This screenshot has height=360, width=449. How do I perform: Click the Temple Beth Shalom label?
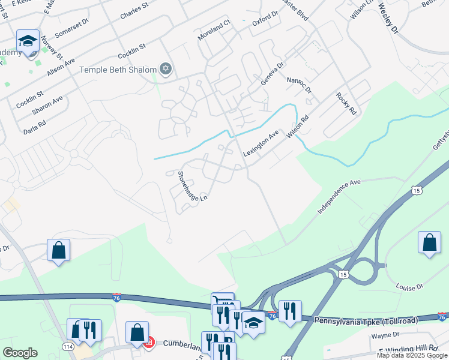[x=118, y=70]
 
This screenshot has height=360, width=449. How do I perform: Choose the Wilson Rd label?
[x=297, y=128]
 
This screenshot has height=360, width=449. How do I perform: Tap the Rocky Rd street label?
[x=346, y=103]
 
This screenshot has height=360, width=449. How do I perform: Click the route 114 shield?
[x=68, y=347]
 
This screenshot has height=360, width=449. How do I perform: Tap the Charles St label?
[x=134, y=13]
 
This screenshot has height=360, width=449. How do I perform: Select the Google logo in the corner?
[x=19, y=353]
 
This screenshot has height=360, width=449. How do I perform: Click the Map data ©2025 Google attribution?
[x=412, y=355]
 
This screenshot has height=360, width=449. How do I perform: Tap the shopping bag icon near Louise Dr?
[x=429, y=242]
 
